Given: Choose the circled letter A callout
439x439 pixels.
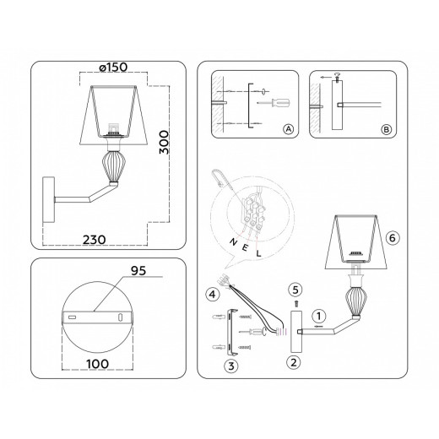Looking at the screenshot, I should pyautogui.click(x=289, y=129).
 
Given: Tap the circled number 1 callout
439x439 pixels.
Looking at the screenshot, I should pyautogui.click(x=318, y=316).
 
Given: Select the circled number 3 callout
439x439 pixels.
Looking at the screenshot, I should pyautogui.click(x=230, y=366).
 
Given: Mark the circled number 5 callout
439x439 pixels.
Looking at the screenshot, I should pyautogui.click(x=295, y=289).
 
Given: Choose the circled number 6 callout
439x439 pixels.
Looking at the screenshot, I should pyautogui.click(x=392, y=238).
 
